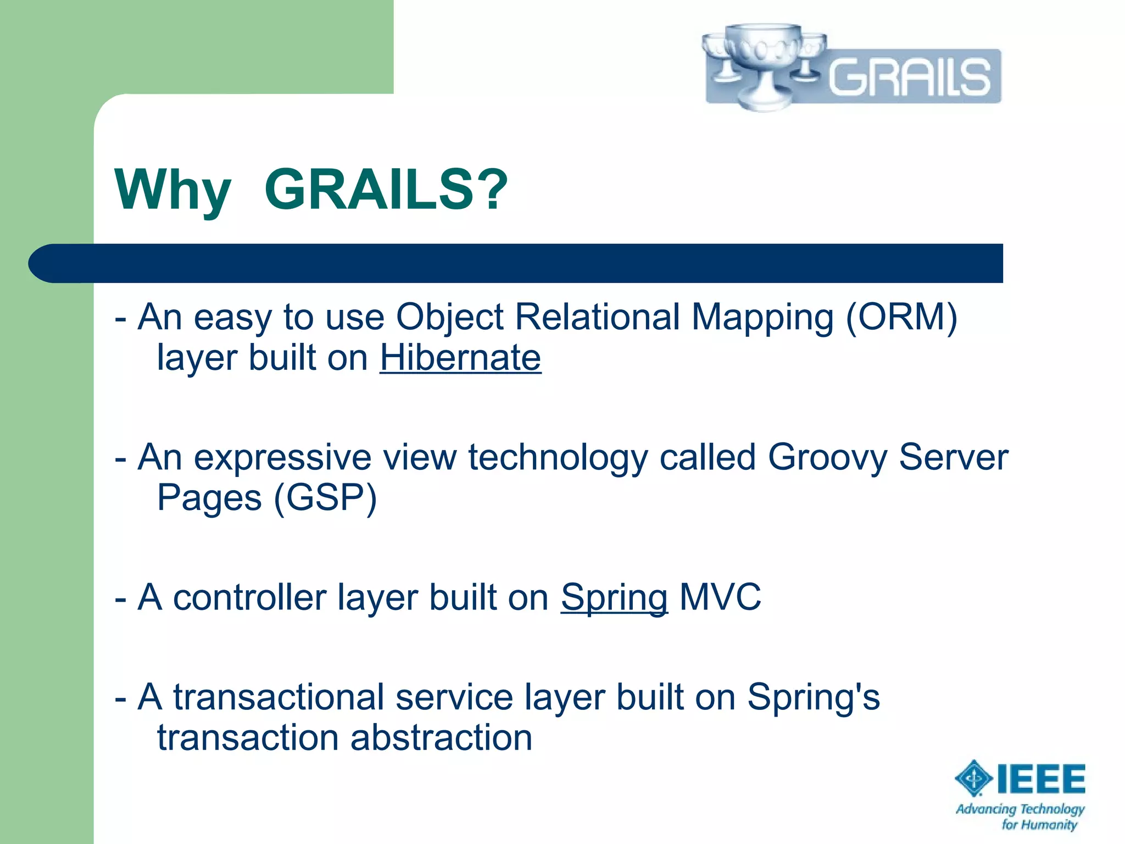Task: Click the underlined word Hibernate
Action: [x=460, y=358]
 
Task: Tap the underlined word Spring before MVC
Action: [x=614, y=597]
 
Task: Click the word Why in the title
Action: [x=172, y=190]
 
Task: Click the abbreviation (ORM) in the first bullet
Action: [x=901, y=317]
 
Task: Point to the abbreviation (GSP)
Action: [x=325, y=498]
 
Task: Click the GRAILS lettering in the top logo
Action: [x=909, y=77]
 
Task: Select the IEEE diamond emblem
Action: [x=973, y=778]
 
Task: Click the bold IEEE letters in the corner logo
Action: [x=1041, y=779]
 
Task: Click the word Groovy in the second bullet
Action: [x=827, y=457]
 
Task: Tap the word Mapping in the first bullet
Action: [x=762, y=317]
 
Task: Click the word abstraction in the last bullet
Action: [x=441, y=737]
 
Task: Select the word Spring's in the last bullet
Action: [x=813, y=697]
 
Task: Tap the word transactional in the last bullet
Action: [x=279, y=697]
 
